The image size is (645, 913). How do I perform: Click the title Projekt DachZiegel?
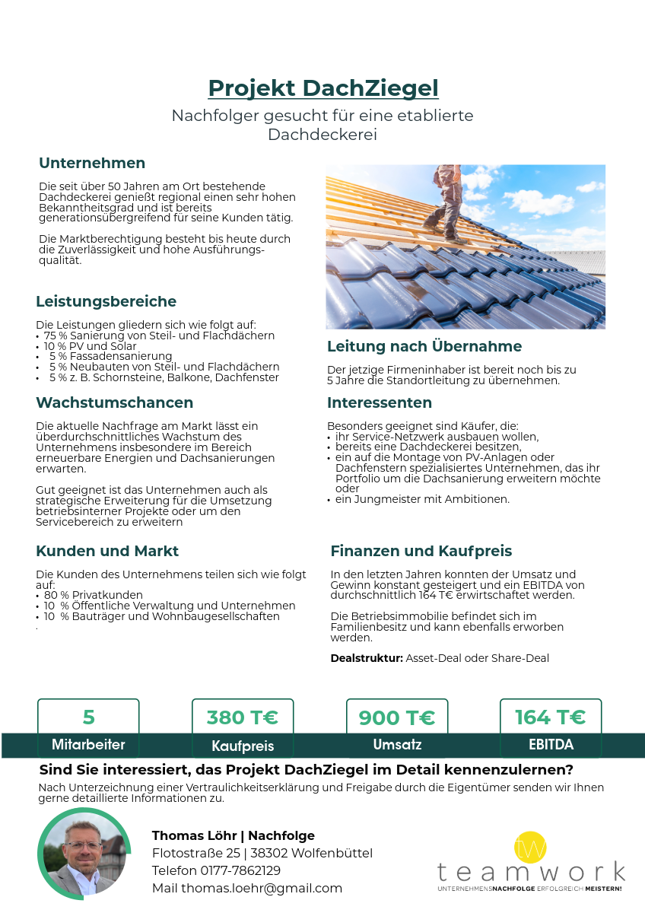point(323,88)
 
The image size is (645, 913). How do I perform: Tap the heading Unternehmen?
point(92,163)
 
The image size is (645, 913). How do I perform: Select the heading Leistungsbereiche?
point(106,301)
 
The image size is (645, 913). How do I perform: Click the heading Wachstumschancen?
point(114,402)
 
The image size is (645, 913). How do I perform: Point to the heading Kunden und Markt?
point(107,551)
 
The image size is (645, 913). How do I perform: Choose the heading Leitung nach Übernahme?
point(424,347)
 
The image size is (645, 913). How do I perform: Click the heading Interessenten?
point(379,402)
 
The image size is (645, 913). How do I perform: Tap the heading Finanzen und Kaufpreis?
point(421,551)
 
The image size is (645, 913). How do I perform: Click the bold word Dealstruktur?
point(366,658)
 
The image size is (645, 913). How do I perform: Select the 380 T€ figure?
point(242,717)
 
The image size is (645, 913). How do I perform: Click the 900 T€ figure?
point(396,717)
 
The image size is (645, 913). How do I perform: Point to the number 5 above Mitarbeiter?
point(88,717)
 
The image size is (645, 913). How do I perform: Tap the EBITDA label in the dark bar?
point(551,744)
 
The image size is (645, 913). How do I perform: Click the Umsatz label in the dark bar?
point(397,744)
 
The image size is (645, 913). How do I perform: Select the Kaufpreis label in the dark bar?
point(243,746)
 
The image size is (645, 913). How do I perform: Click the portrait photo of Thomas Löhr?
point(84,854)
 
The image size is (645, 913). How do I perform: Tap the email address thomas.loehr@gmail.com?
point(262,888)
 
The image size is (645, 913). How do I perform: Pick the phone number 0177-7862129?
point(240,870)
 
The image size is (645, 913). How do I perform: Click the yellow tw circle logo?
point(529,847)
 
